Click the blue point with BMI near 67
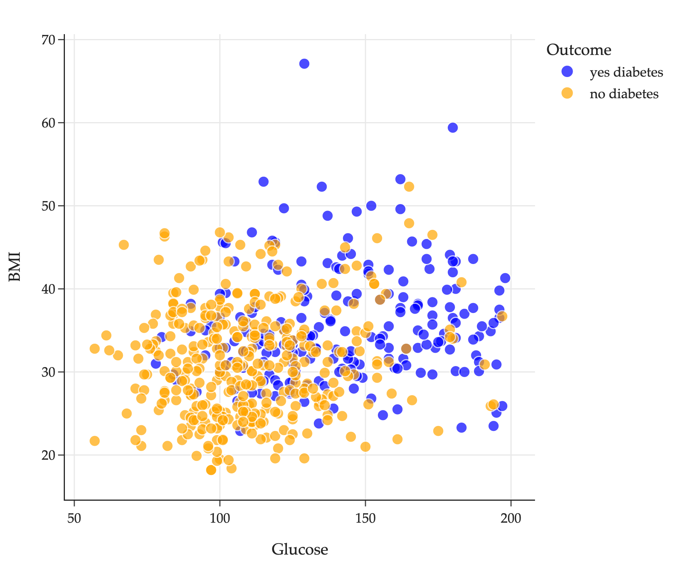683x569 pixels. pos(304,64)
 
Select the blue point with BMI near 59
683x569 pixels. pos(453,128)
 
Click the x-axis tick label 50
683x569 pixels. pos(74,519)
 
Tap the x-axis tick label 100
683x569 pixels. pos(220,519)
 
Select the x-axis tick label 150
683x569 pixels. pos(365,519)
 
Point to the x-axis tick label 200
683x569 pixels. pos(511,519)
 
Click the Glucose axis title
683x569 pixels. pos(300,550)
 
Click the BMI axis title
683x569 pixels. pos(15,266)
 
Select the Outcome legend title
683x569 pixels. pos(579,50)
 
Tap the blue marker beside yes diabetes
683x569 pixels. pos(567,71)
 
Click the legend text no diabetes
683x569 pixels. pos(624,94)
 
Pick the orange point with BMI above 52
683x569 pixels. pos(409,187)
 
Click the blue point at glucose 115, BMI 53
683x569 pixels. pos(264,182)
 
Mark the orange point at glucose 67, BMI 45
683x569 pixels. pos(124,245)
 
